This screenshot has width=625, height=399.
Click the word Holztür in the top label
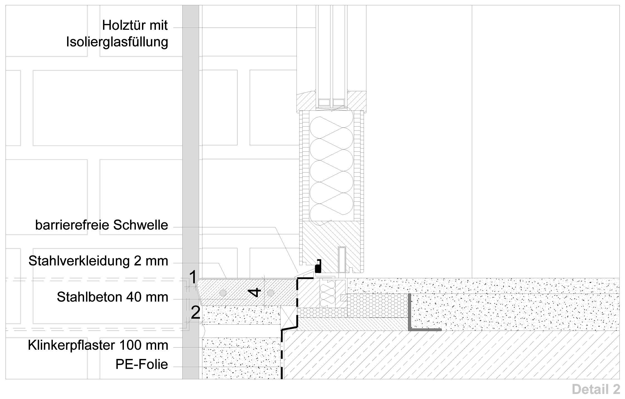coord(123,25)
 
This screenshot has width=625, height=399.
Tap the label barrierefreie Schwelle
coord(102,225)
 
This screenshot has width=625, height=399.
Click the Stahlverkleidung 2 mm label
coord(98,261)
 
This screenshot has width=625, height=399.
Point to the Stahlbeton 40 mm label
coord(112,297)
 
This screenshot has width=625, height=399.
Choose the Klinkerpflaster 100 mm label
coord(98,345)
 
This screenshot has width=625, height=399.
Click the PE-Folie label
coord(142,364)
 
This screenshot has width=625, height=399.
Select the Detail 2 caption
coord(596,389)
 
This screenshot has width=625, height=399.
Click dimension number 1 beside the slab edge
coord(193,277)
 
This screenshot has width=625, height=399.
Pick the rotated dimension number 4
coord(254,293)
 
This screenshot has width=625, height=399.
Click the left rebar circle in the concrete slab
coord(223,293)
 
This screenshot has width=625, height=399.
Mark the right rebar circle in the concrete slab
coord(270,293)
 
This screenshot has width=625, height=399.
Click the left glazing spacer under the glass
coord(324,102)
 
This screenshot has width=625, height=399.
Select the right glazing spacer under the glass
coord(339,102)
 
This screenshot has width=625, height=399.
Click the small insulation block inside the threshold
coord(328,294)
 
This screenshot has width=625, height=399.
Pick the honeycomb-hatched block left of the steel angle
coord(377,306)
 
